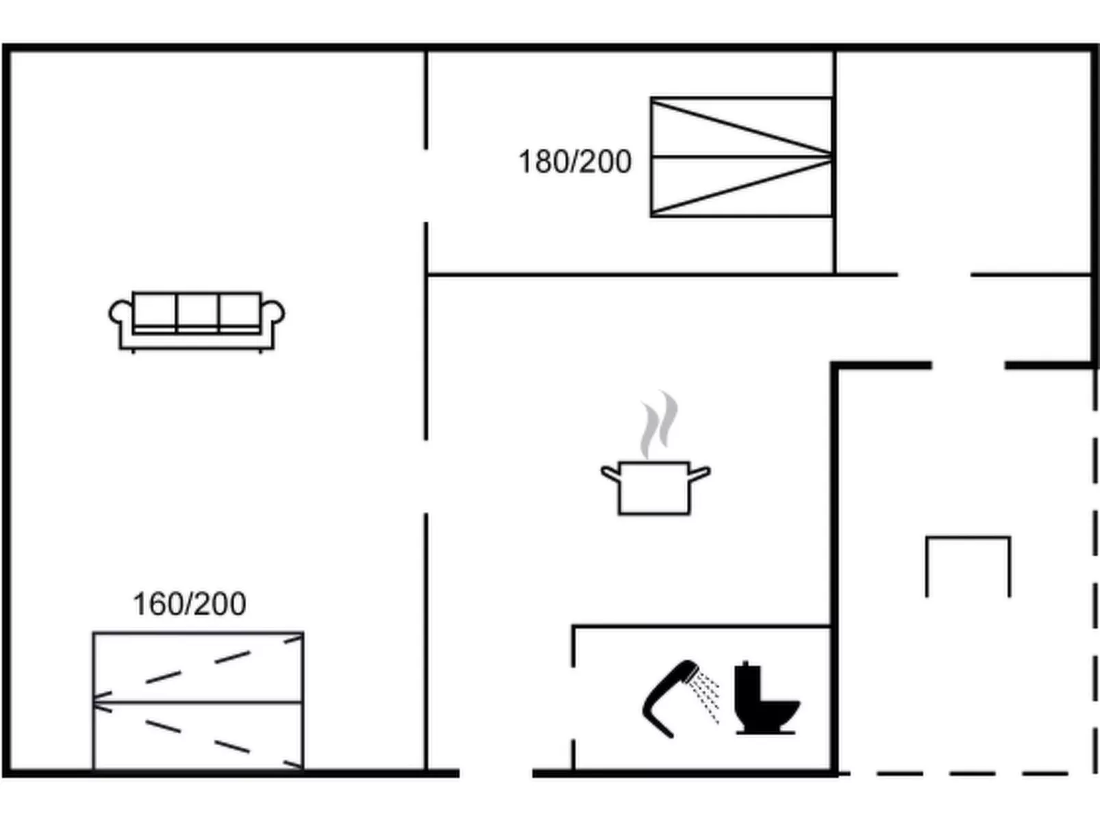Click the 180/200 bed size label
[x=575, y=162]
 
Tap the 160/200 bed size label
[x=189, y=604]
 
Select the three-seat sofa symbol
[x=197, y=322]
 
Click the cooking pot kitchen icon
[x=655, y=487]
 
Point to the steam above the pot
[x=659, y=424]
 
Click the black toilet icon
[x=766, y=698]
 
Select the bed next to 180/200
[x=742, y=157]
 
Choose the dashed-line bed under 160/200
[x=198, y=701]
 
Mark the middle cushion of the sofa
[x=197, y=313]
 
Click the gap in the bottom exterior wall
[x=496, y=774]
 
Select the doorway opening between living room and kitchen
[x=426, y=477]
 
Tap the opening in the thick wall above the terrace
[x=968, y=366]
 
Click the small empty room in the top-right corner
[x=962, y=162]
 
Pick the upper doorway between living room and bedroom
[x=426, y=186]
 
